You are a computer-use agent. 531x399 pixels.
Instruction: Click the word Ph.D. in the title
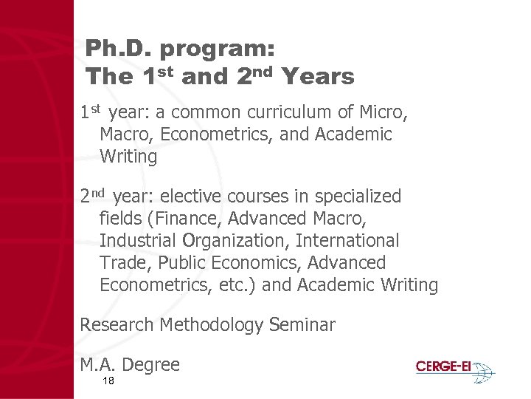(117, 50)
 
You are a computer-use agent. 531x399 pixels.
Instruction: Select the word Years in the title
(318, 76)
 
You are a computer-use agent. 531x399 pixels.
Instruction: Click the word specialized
(358, 197)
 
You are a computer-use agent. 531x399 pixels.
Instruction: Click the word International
(350, 241)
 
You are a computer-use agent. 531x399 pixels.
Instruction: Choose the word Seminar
(302, 324)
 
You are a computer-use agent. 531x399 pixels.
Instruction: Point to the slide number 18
(108, 381)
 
